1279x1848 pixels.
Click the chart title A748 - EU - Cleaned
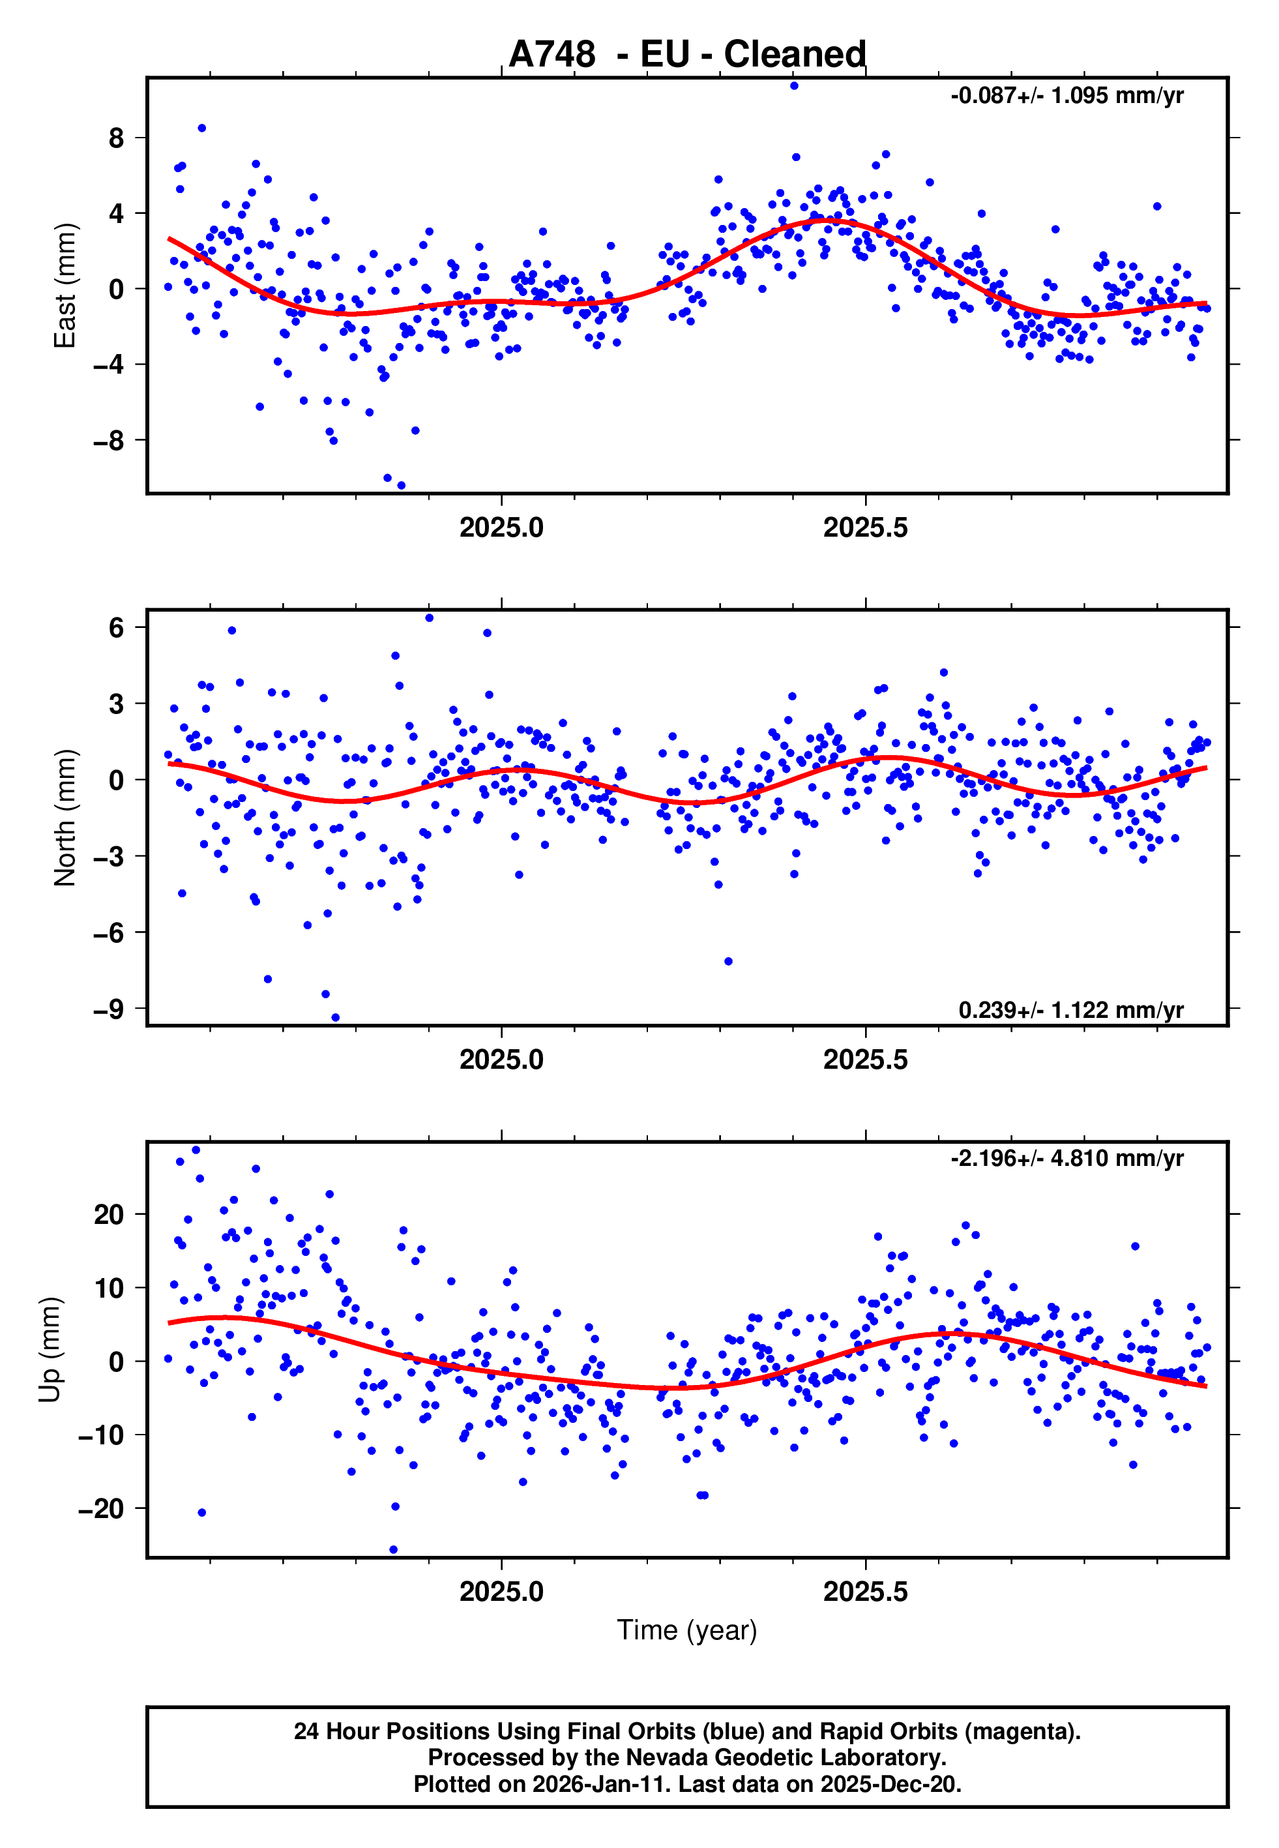[687, 55]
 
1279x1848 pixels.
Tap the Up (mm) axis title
[50, 1350]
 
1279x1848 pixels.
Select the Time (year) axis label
[687, 1630]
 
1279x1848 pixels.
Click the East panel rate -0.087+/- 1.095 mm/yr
[1066, 96]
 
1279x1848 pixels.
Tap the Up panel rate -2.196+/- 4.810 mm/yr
[1066, 1158]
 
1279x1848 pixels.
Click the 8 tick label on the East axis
[117, 138]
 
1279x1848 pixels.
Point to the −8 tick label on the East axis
[109, 440]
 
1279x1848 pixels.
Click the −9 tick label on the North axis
[109, 1009]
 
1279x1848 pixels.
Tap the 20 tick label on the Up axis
[109, 1215]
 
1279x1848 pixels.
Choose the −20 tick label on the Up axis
[101, 1509]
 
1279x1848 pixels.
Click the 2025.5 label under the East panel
[866, 528]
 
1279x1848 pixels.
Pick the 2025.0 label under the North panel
[502, 1060]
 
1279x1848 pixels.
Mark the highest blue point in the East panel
[794, 85]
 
